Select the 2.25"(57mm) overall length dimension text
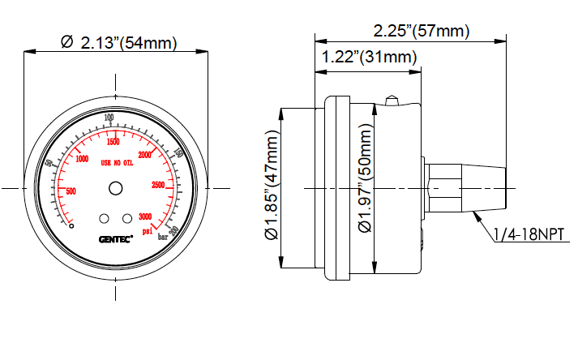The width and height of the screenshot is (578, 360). click(421, 31)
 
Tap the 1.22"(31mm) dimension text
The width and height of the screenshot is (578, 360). click(369, 57)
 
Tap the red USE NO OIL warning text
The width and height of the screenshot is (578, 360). click(122, 162)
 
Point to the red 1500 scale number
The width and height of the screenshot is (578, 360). click(113, 142)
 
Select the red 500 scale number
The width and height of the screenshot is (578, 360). click(71, 191)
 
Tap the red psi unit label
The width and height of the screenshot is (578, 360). click(148, 230)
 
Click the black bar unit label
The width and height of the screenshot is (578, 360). click(163, 238)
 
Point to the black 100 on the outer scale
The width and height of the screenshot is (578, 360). click(109, 118)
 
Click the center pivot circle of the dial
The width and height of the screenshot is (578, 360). click(115, 188)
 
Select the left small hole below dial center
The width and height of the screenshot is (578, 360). click(104, 218)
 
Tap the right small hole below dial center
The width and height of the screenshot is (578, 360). click(126, 218)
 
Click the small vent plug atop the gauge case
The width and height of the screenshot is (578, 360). click(392, 101)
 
